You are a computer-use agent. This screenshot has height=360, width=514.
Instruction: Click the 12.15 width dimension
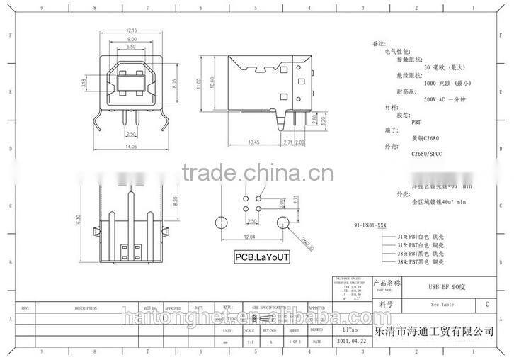(x=131, y=30)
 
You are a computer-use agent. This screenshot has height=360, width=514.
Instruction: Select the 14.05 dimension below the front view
(x=131, y=146)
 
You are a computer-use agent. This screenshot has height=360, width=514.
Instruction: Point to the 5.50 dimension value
(x=131, y=46)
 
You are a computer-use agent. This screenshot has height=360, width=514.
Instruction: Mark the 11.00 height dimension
(x=200, y=83)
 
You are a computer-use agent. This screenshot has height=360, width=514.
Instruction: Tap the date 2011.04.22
(x=346, y=342)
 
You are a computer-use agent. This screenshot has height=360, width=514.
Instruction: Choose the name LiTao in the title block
(x=345, y=330)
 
